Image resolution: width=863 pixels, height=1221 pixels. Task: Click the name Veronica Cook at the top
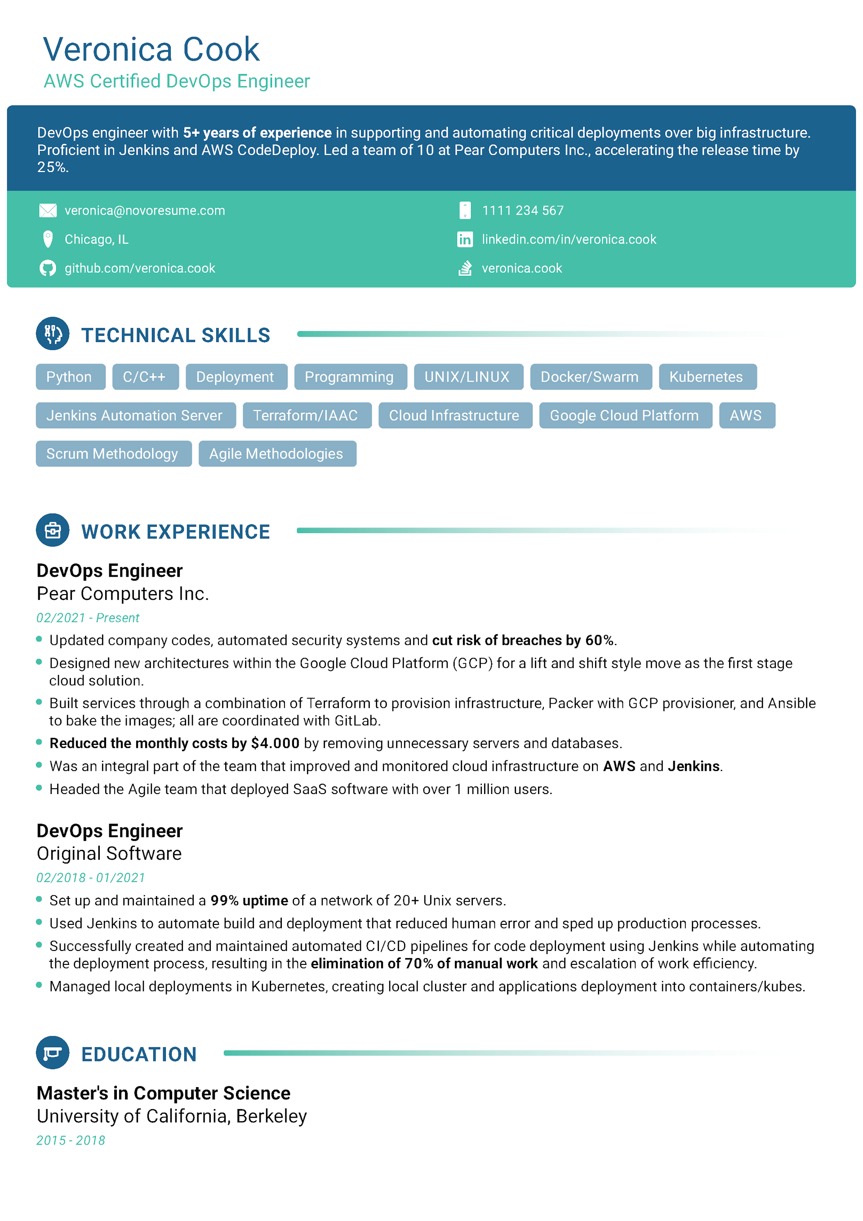tap(151, 49)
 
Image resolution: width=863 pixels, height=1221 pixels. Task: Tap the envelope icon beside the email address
tap(48, 211)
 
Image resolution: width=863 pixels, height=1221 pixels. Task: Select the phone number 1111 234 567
tap(522, 211)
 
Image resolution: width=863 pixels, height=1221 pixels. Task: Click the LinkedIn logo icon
tap(464, 240)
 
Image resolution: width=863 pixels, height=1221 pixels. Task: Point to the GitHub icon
tap(48, 268)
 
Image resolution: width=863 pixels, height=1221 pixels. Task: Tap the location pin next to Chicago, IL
tap(48, 240)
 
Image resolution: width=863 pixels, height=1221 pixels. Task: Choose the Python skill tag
tap(69, 377)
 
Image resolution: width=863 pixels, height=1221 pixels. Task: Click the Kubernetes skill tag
tap(706, 377)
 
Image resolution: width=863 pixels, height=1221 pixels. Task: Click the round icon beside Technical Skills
tap(53, 334)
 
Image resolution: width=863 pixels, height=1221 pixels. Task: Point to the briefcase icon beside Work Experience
tap(53, 530)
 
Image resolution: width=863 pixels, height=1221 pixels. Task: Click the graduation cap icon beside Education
tap(53, 1052)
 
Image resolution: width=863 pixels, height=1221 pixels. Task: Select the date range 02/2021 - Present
tap(88, 617)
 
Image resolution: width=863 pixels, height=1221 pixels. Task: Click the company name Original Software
tap(109, 853)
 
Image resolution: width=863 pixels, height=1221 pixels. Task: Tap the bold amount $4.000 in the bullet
tap(275, 743)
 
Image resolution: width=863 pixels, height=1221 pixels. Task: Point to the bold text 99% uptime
tap(249, 900)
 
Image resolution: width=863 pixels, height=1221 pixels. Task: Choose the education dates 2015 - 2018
tap(71, 1140)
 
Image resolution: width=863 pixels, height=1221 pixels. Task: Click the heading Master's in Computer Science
tap(163, 1093)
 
